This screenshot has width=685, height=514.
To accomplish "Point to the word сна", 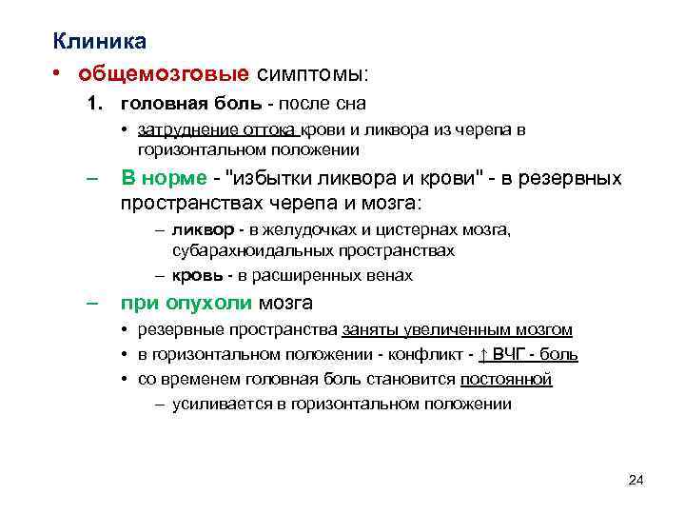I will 349,102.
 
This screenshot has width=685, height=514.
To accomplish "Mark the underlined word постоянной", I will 505,379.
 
